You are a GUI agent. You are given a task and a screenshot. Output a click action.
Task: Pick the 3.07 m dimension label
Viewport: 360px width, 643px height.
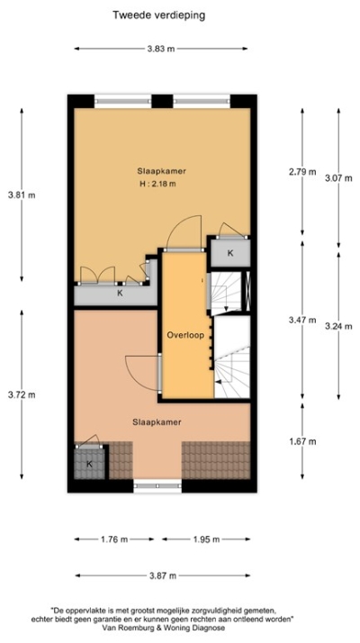338,177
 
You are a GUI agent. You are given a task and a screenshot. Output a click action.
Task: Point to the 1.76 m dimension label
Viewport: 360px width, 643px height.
114,539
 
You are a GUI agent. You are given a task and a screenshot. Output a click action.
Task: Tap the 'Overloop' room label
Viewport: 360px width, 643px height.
185,335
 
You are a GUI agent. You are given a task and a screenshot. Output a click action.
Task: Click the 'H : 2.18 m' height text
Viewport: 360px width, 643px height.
157,185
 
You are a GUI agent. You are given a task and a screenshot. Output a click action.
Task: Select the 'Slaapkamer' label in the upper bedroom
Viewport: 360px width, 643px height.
157,170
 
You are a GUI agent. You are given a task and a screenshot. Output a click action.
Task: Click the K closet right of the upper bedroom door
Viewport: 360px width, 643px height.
230,253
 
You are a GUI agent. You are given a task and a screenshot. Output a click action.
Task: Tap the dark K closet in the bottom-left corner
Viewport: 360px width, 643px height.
89,464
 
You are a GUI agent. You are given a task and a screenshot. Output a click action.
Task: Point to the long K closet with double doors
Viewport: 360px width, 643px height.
118,293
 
